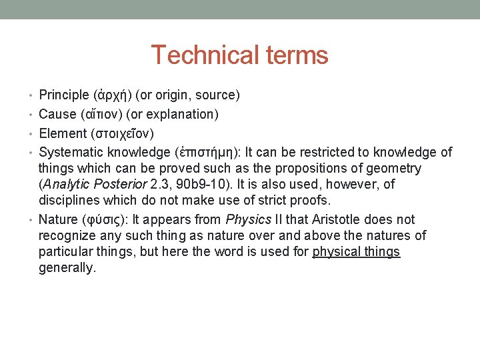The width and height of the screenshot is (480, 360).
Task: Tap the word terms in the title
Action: tap(295, 55)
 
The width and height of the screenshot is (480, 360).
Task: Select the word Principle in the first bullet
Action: tap(65, 95)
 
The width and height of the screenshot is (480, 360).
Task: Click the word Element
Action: tap(63, 133)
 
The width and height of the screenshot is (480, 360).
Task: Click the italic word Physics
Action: tap(248, 219)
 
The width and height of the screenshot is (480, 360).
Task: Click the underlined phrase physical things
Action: tap(356, 251)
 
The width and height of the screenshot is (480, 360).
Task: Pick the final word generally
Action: tap(67, 267)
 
